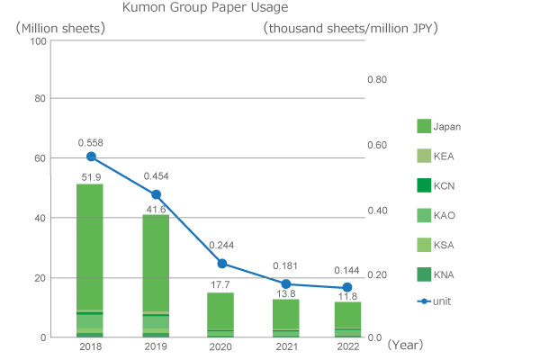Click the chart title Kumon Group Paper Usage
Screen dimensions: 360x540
click(x=205, y=8)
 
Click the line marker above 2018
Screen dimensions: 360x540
click(x=91, y=157)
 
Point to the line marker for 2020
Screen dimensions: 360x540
click(x=221, y=264)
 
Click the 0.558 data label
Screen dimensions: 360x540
click(x=91, y=142)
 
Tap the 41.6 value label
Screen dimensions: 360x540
click(x=156, y=209)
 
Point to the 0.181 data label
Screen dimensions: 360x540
click(x=286, y=265)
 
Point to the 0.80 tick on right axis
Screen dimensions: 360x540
click(x=378, y=80)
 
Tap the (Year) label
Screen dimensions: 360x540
click(x=405, y=344)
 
